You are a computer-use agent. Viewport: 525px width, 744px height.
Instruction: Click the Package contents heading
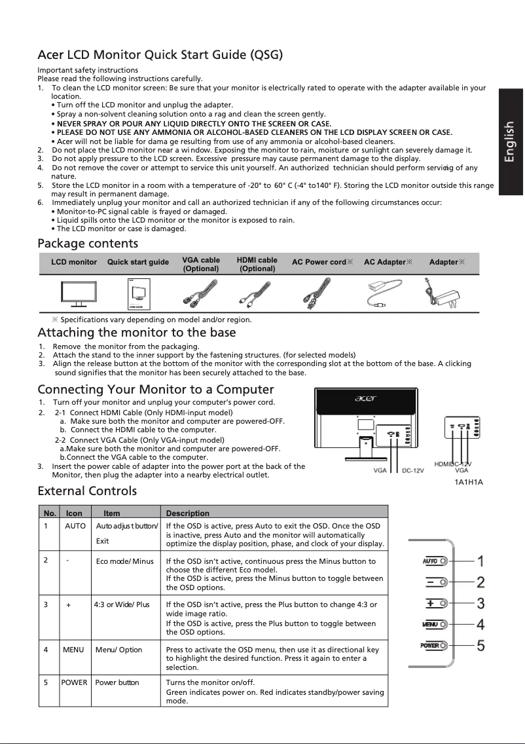tap(88, 244)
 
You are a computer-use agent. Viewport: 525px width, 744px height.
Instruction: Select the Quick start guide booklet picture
tap(137, 294)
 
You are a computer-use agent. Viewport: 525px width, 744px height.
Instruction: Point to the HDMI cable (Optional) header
tap(257, 265)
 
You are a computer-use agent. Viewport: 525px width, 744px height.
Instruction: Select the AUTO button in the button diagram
tap(434, 561)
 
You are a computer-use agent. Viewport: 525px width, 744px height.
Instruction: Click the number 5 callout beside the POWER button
tap(480, 646)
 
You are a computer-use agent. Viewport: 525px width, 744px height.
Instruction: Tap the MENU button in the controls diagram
tap(434, 623)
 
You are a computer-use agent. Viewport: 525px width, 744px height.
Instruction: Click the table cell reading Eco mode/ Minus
tap(124, 561)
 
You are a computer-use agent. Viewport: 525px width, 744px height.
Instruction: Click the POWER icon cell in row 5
tap(74, 682)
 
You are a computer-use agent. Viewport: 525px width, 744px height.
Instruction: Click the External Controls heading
tap(87, 491)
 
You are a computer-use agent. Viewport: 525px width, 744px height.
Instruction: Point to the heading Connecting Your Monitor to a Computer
tap(156, 390)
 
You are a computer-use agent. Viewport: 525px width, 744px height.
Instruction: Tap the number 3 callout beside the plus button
tap(480, 602)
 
